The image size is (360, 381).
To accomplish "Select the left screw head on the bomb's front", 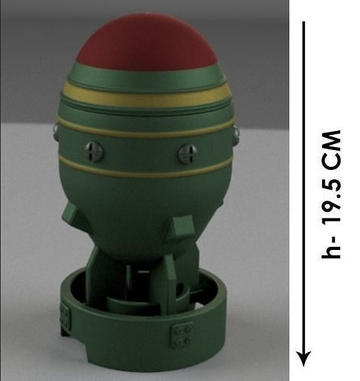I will (94, 151).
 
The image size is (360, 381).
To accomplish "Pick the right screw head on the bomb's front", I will (187, 153).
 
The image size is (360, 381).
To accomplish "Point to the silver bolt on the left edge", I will (57, 131).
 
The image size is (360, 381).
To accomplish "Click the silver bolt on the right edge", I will (235, 136).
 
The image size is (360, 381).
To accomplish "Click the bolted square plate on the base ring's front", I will (182, 335).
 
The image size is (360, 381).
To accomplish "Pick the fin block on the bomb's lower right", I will (184, 227).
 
